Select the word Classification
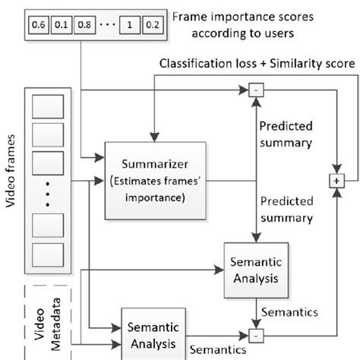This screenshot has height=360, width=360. (x=193, y=66)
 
